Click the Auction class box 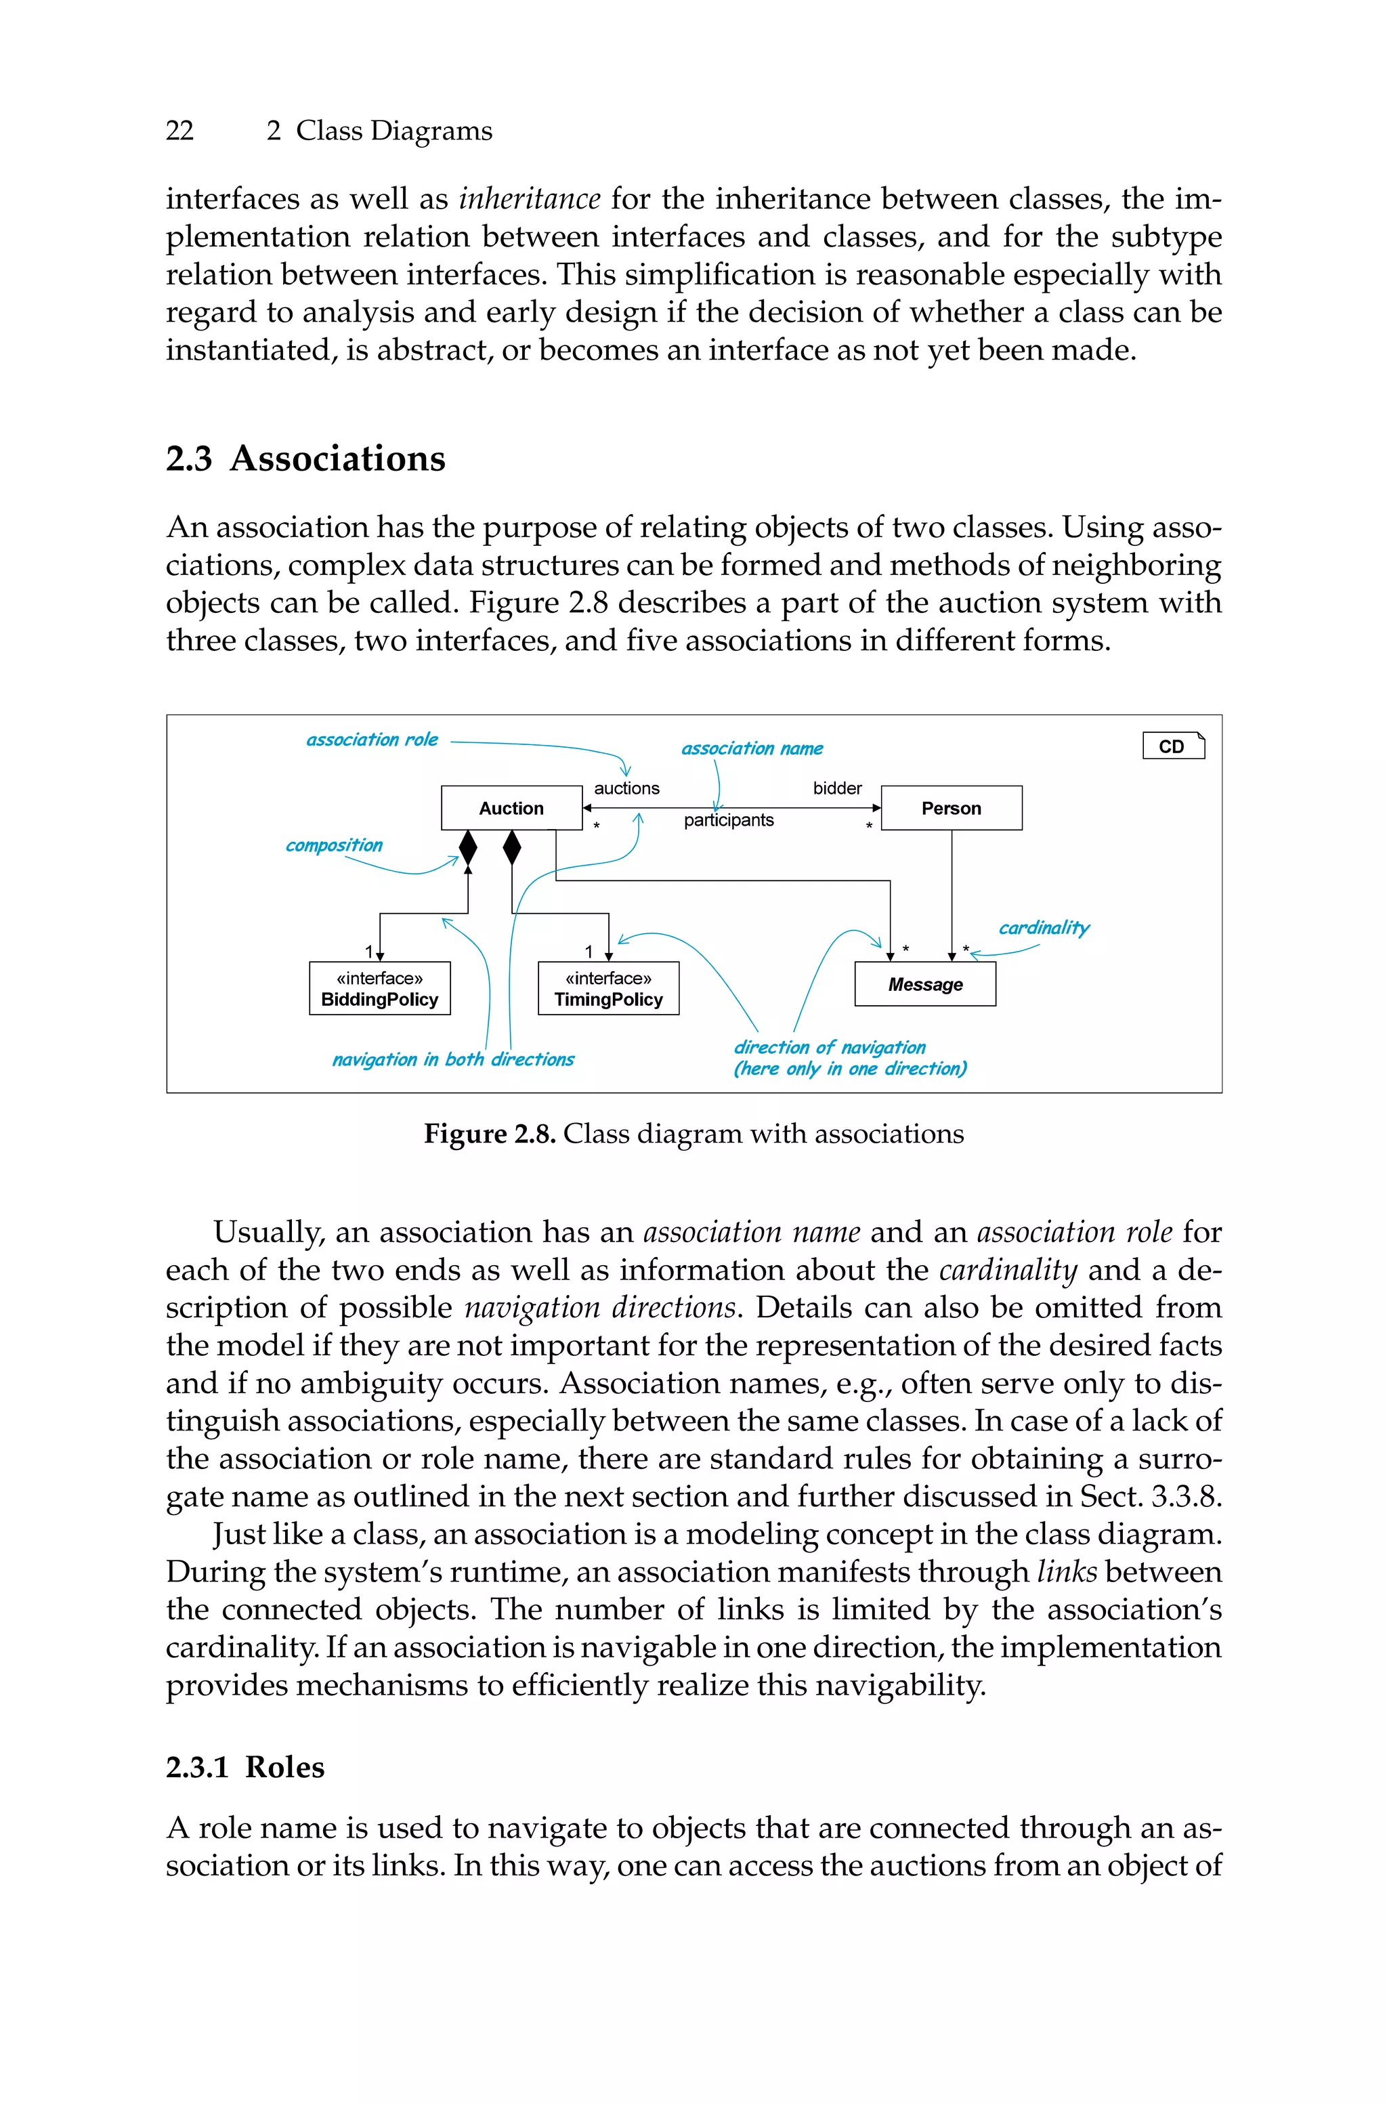tap(511, 807)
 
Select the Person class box tap(951, 807)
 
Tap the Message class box tap(924, 983)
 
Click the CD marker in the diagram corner tap(1173, 746)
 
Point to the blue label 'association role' tap(372, 740)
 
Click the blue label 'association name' tap(752, 748)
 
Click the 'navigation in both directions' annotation tap(453, 1059)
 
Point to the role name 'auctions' tap(626, 787)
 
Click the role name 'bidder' tap(837, 787)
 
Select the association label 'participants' tap(728, 820)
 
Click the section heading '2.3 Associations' tap(306, 458)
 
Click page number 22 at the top tap(179, 131)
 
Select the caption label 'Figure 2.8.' tap(489, 1133)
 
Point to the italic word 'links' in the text tap(1067, 1571)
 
